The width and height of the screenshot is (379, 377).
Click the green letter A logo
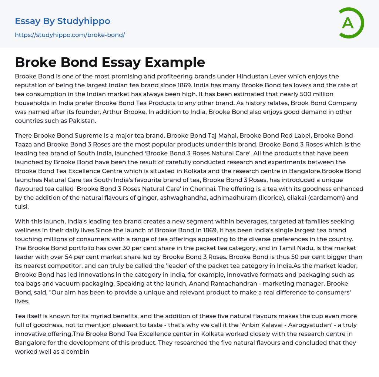pyautogui.click(x=349, y=23)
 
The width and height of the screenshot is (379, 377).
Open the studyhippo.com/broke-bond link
pyautogui.click(x=70, y=35)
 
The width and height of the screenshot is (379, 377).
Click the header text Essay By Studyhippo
pyautogui.click(x=63, y=21)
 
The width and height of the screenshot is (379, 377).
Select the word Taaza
pyautogui.click(x=26, y=145)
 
